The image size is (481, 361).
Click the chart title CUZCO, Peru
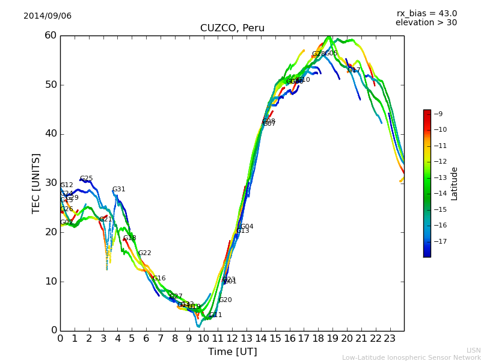click(232, 28)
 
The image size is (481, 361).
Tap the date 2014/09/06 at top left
click(47, 16)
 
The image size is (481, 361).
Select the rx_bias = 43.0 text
click(426, 14)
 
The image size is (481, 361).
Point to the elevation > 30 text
click(426, 23)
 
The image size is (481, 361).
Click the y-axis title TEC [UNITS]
click(36, 183)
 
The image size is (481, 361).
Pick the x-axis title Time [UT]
click(232, 352)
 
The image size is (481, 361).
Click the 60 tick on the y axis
click(50, 35)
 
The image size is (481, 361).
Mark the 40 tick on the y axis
click(50, 134)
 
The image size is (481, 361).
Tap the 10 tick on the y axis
click(50, 281)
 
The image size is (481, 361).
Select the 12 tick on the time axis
click(232, 338)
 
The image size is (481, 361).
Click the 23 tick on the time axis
click(390, 338)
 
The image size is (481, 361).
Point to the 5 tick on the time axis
click(132, 338)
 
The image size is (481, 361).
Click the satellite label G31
click(119, 190)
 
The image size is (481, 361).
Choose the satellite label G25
click(87, 179)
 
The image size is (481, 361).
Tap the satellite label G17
click(354, 70)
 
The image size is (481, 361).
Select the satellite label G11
click(216, 315)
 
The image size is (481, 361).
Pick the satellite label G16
click(159, 279)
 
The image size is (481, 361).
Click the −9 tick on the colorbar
click(439, 114)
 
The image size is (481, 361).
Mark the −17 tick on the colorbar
click(441, 241)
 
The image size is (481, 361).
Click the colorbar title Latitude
click(455, 184)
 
